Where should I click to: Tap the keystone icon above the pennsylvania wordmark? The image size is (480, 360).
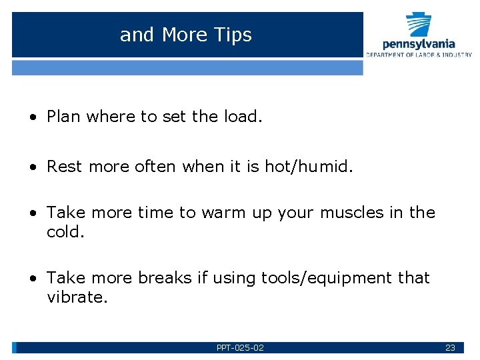coord(419,25)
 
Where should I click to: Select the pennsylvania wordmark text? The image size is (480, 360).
coord(419,44)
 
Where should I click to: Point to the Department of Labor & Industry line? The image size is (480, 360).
coord(419,55)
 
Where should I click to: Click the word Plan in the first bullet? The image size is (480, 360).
coord(64,117)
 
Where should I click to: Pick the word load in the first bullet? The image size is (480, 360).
coord(242,117)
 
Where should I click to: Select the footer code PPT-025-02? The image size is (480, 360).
coord(240,348)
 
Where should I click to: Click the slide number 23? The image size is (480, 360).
coord(450,348)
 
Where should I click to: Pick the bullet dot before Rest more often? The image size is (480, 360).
coord(32,166)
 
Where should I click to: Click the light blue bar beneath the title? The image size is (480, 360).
coord(187,67)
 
